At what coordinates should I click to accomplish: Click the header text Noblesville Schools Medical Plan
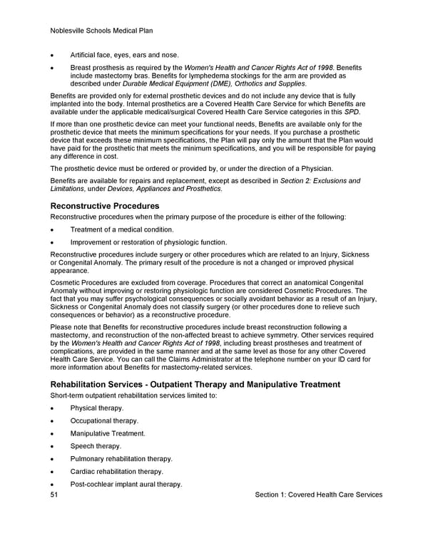point(101,31)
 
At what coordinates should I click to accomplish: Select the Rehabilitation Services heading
point(195,384)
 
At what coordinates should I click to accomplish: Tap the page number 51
point(54,495)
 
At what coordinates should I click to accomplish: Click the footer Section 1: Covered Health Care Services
point(318,495)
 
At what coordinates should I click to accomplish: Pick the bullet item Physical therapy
point(97,408)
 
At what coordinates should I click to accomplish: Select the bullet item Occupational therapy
point(103,420)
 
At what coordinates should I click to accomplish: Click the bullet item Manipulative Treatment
point(108,433)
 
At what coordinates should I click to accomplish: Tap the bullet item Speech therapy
point(96,446)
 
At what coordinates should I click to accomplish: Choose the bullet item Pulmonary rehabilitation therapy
point(121,459)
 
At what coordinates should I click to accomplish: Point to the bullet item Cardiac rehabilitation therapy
point(117,472)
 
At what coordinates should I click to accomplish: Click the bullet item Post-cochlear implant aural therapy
point(126,485)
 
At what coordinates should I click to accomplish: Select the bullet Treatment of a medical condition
point(122,229)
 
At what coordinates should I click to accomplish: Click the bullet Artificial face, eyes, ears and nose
point(125,55)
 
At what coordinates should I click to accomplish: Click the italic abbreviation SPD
point(352,112)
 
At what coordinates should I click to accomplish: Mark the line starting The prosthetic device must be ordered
point(191,168)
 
